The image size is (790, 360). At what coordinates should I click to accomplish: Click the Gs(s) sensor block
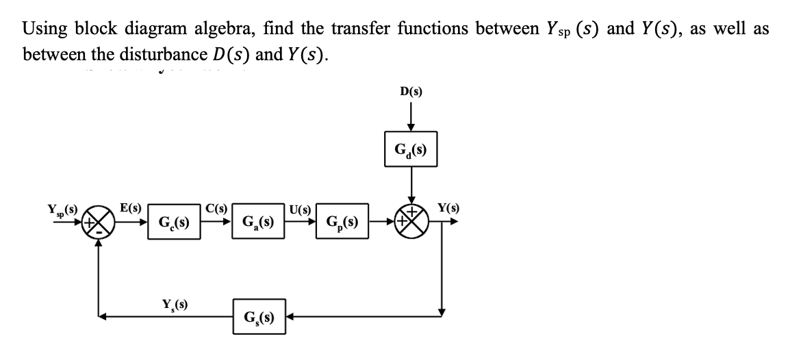259,317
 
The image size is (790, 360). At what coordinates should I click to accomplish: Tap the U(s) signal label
301,208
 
